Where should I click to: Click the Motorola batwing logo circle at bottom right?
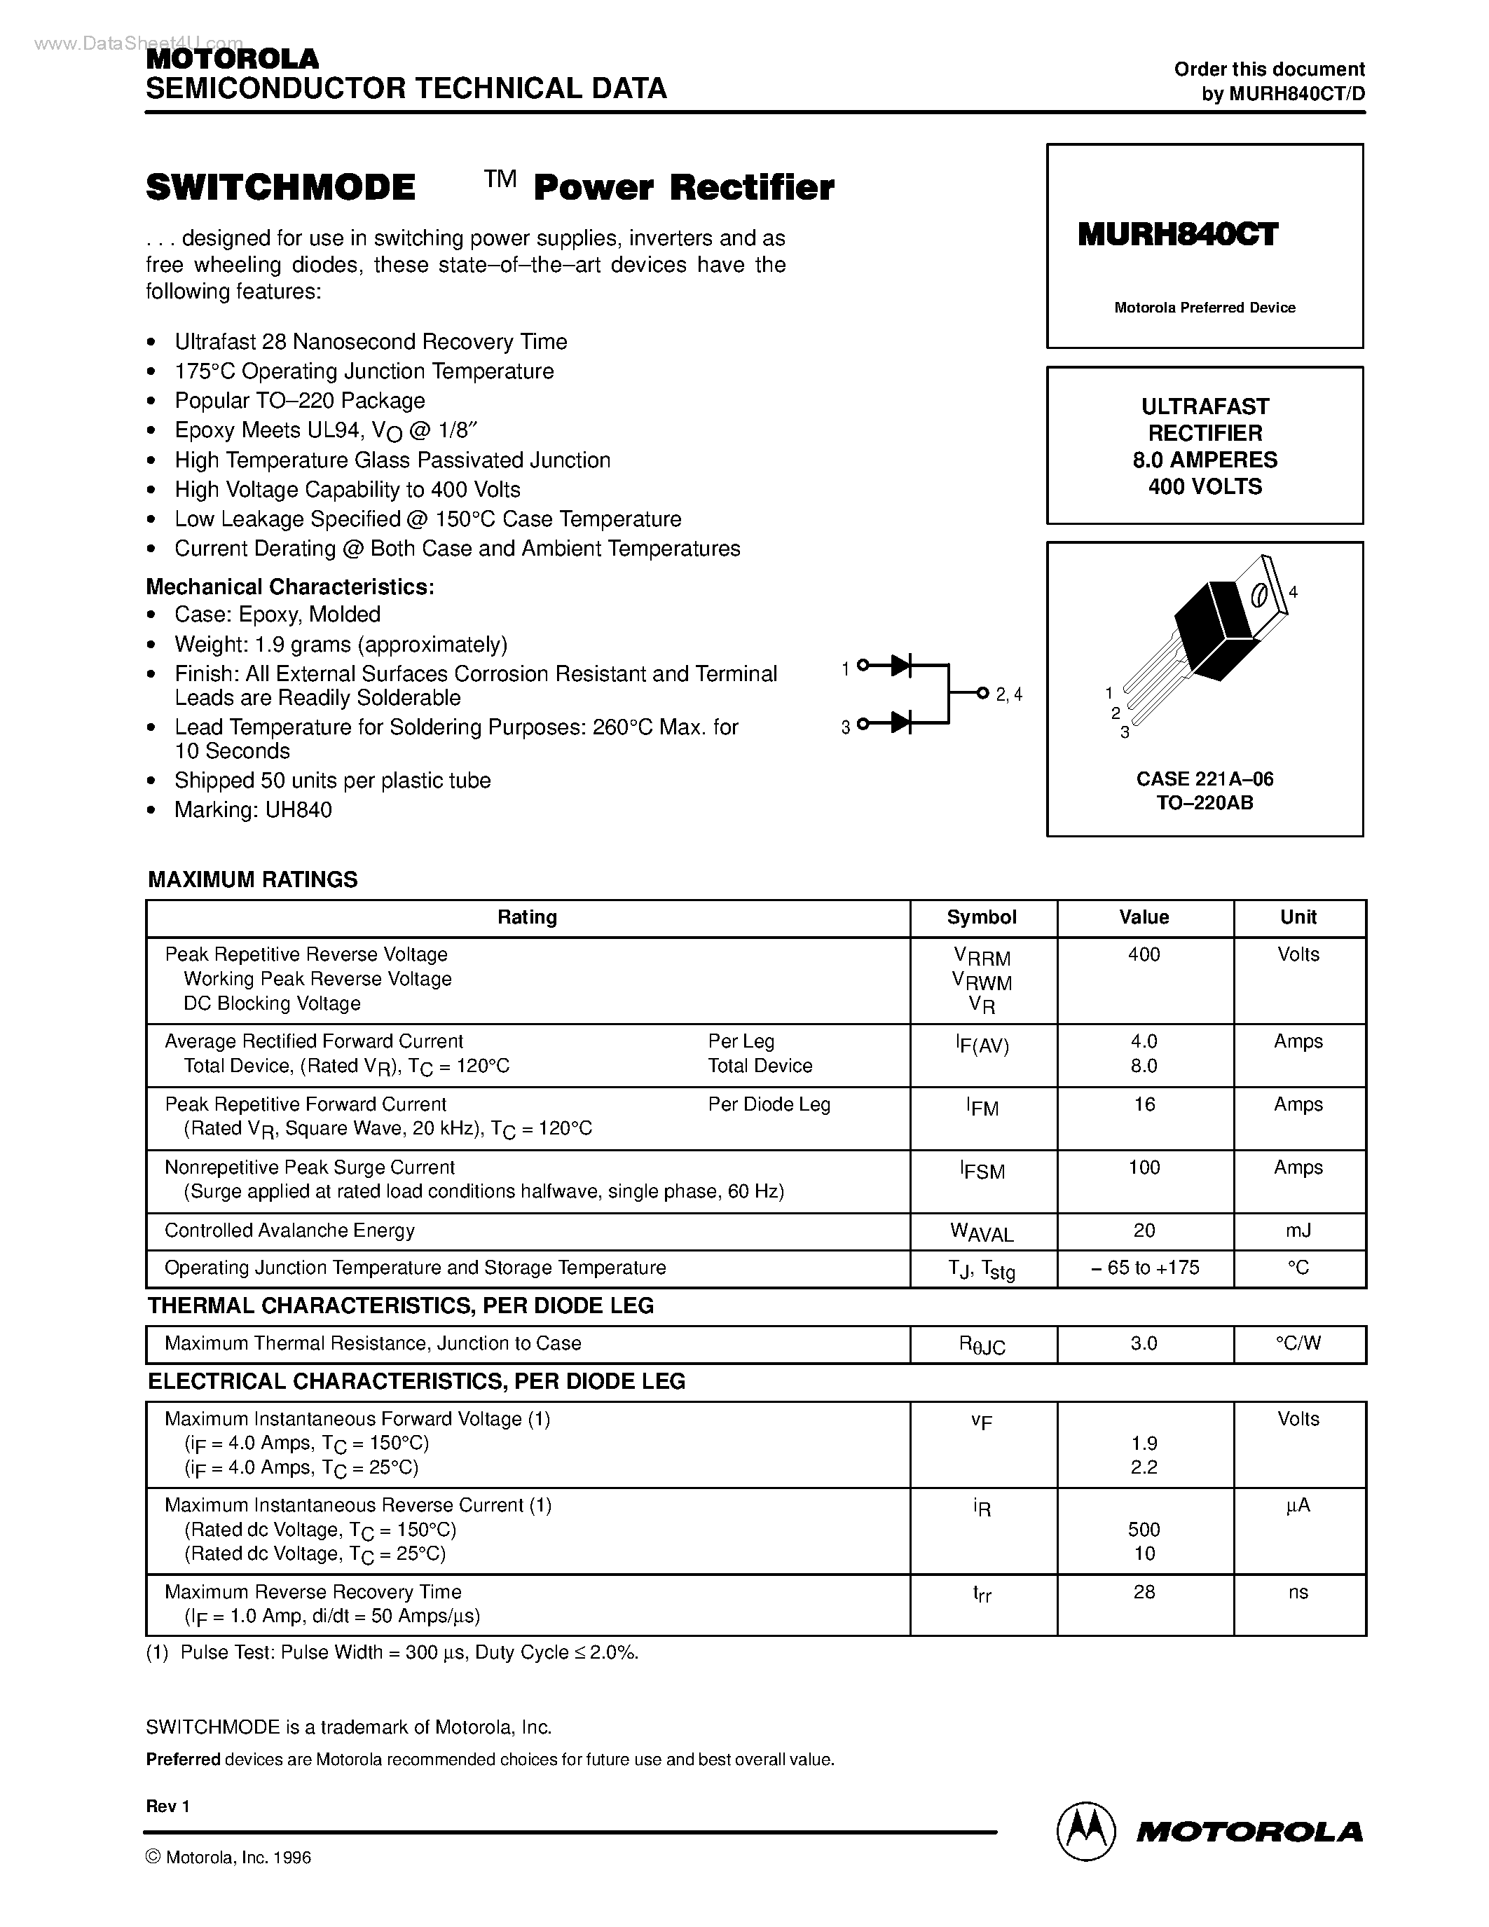pyautogui.click(x=1087, y=1832)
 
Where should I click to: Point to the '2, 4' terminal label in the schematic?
pyautogui.click(x=1008, y=694)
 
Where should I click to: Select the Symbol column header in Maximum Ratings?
pyautogui.click(x=982, y=918)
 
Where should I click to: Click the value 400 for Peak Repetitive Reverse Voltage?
pyautogui.click(x=1144, y=954)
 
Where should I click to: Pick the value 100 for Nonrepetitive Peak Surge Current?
pyautogui.click(x=1144, y=1167)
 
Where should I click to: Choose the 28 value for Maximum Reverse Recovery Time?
pyautogui.click(x=1144, y=1592)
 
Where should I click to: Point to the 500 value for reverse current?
pyautogui.click(x=1144, y=1529)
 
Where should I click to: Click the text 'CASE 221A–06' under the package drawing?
pyautogui.click(x=1204, y=779)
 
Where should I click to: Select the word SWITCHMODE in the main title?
pyautogui.click(x=280, y=188)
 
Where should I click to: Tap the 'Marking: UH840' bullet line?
pyautogui.click(x=252, y=810)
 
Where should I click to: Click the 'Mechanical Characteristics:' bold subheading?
pyautogui.click(x=289, y=587)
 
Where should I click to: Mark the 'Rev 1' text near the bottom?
pyautogui.click(x=167, y=1806)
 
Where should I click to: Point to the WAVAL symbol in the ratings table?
pyautogui.click(x=982, y=1233)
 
